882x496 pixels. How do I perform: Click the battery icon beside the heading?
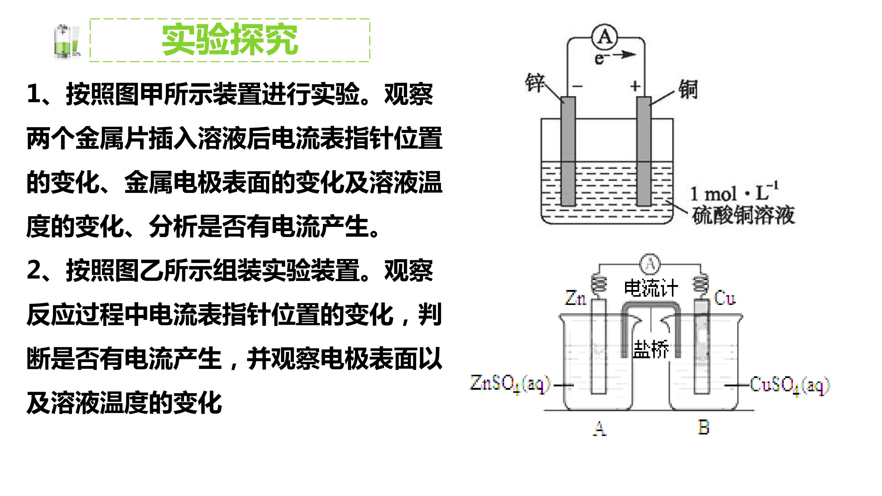click(67, 41)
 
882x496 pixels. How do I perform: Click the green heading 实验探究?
click(230, 40)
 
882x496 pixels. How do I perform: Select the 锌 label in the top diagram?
click(534, 82)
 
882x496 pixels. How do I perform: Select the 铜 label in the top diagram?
click(688, 89)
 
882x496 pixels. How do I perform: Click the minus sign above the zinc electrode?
click(578, 86)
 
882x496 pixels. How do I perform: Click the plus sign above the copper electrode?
click(635, 86)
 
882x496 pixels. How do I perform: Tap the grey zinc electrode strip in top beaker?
click(568, 151)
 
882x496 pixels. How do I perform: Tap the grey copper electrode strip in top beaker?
click(644, 151)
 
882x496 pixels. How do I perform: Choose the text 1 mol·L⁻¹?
click(734, 192)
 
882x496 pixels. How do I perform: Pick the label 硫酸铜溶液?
click(743, 215)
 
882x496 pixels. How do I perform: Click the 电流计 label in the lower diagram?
click(650, 288)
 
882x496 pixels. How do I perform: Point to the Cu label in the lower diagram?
click(725, 298)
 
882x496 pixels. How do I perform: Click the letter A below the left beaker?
click(600, 428)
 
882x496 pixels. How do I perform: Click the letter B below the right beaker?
click(704, 427)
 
